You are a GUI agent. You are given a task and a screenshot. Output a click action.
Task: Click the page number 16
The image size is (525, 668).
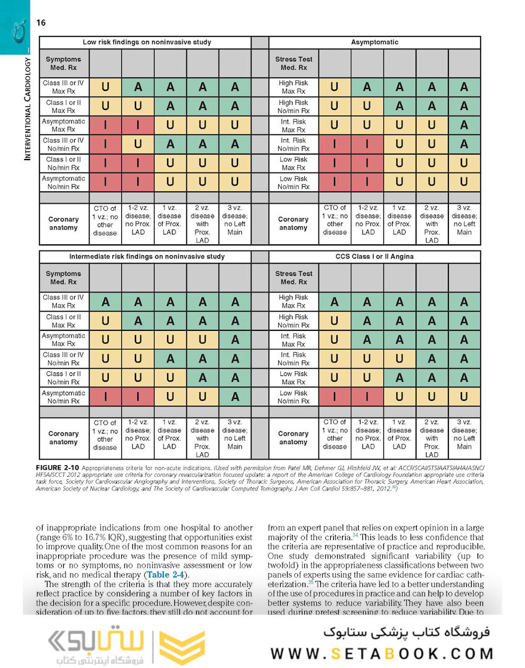(x=41, y=23)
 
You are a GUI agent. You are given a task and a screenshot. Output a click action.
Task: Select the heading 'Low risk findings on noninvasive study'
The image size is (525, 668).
(x=147, y=43)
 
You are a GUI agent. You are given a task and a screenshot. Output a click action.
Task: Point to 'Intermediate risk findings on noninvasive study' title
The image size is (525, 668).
(x=147, y=256)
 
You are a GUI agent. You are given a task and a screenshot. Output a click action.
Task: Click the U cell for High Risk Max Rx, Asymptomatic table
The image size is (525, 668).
(x=335, y=87)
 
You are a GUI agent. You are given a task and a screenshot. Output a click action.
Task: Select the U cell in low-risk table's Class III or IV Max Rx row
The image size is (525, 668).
(x=105, y=87)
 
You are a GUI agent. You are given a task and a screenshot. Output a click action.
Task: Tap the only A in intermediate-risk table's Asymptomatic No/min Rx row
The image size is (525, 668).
(x=235, y=397)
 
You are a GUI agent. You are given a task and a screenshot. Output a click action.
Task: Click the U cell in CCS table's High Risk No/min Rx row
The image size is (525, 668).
(x=335, y=321)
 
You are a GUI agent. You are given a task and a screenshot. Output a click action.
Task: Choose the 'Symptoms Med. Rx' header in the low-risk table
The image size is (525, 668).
(x=64, y=64)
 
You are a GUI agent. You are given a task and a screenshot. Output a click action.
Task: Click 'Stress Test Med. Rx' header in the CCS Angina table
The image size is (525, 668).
(x=294, y=278)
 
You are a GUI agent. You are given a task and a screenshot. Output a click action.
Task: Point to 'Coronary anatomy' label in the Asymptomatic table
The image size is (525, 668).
(x=293, y=223)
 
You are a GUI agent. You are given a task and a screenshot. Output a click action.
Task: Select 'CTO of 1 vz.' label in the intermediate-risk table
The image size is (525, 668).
(x=105, y=434)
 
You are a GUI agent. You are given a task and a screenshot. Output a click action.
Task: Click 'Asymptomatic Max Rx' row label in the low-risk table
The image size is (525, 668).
(x=64, y=126)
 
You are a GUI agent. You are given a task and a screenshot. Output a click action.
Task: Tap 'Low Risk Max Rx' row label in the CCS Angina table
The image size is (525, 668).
(x=294, y=378)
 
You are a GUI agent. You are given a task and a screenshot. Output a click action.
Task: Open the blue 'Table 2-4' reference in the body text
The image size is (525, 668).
(x=161, y=575)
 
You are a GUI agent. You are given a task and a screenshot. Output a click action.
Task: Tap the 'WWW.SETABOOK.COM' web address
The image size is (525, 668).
(x=382, y=653)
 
